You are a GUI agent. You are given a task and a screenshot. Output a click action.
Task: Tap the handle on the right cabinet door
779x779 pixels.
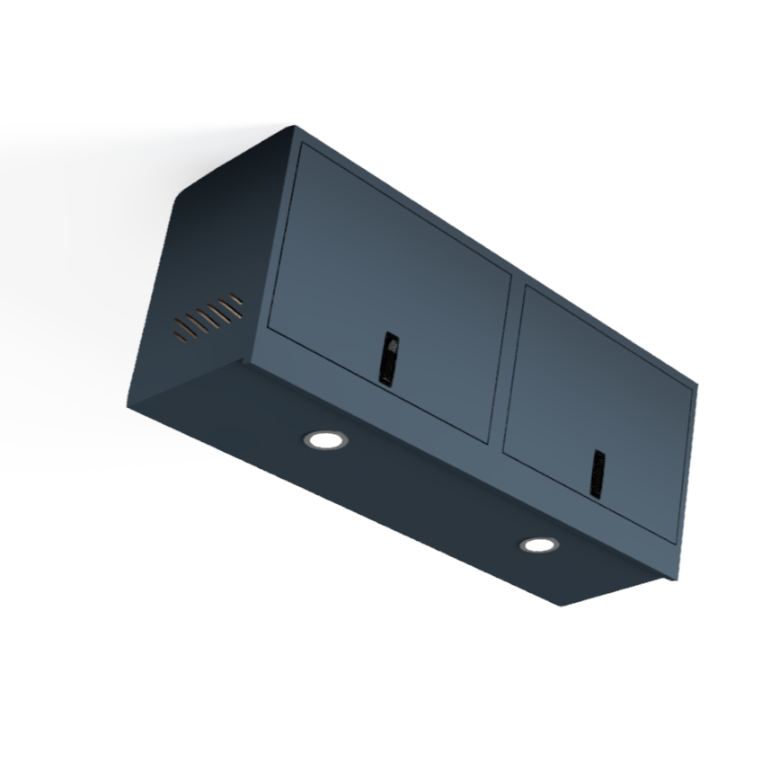pyautogui.click(x=597, y=473)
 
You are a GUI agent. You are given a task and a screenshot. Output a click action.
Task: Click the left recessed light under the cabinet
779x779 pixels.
pyautogui.click(x=325, y=439)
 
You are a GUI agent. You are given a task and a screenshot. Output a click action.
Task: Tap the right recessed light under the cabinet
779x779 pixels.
pyautogui.click(x=538, y=544)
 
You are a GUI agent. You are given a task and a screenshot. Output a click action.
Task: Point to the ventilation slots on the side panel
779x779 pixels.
pyautogui.click(x=208, y=317)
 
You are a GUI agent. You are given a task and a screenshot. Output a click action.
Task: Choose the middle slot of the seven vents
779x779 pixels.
pyautogui.click(x=208, y=316)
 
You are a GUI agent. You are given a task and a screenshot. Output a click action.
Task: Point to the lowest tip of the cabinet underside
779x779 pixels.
pyautogui.click(x=563, y=605)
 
